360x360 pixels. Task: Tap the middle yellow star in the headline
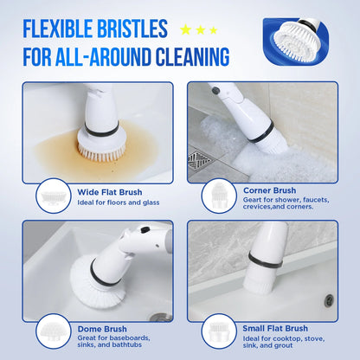click(x=199, y=30)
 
